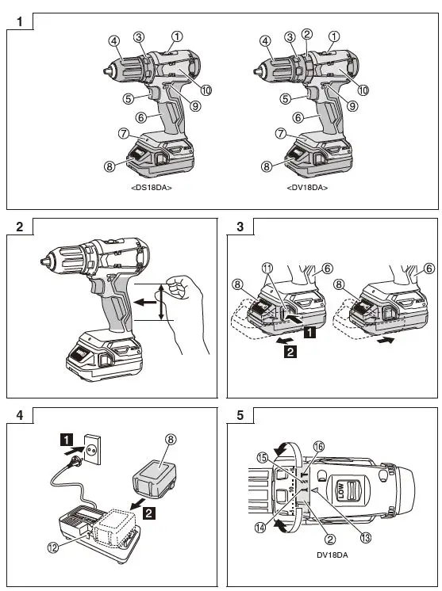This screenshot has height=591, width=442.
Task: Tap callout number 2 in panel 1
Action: [x=307, y=34]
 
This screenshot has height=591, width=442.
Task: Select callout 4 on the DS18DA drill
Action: [x=114, y=40]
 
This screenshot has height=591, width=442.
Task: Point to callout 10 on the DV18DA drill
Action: [x=363, y=90]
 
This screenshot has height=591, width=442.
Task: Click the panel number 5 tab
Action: [x=240, y=414]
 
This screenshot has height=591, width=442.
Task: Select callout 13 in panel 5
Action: [x=365, y=539]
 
